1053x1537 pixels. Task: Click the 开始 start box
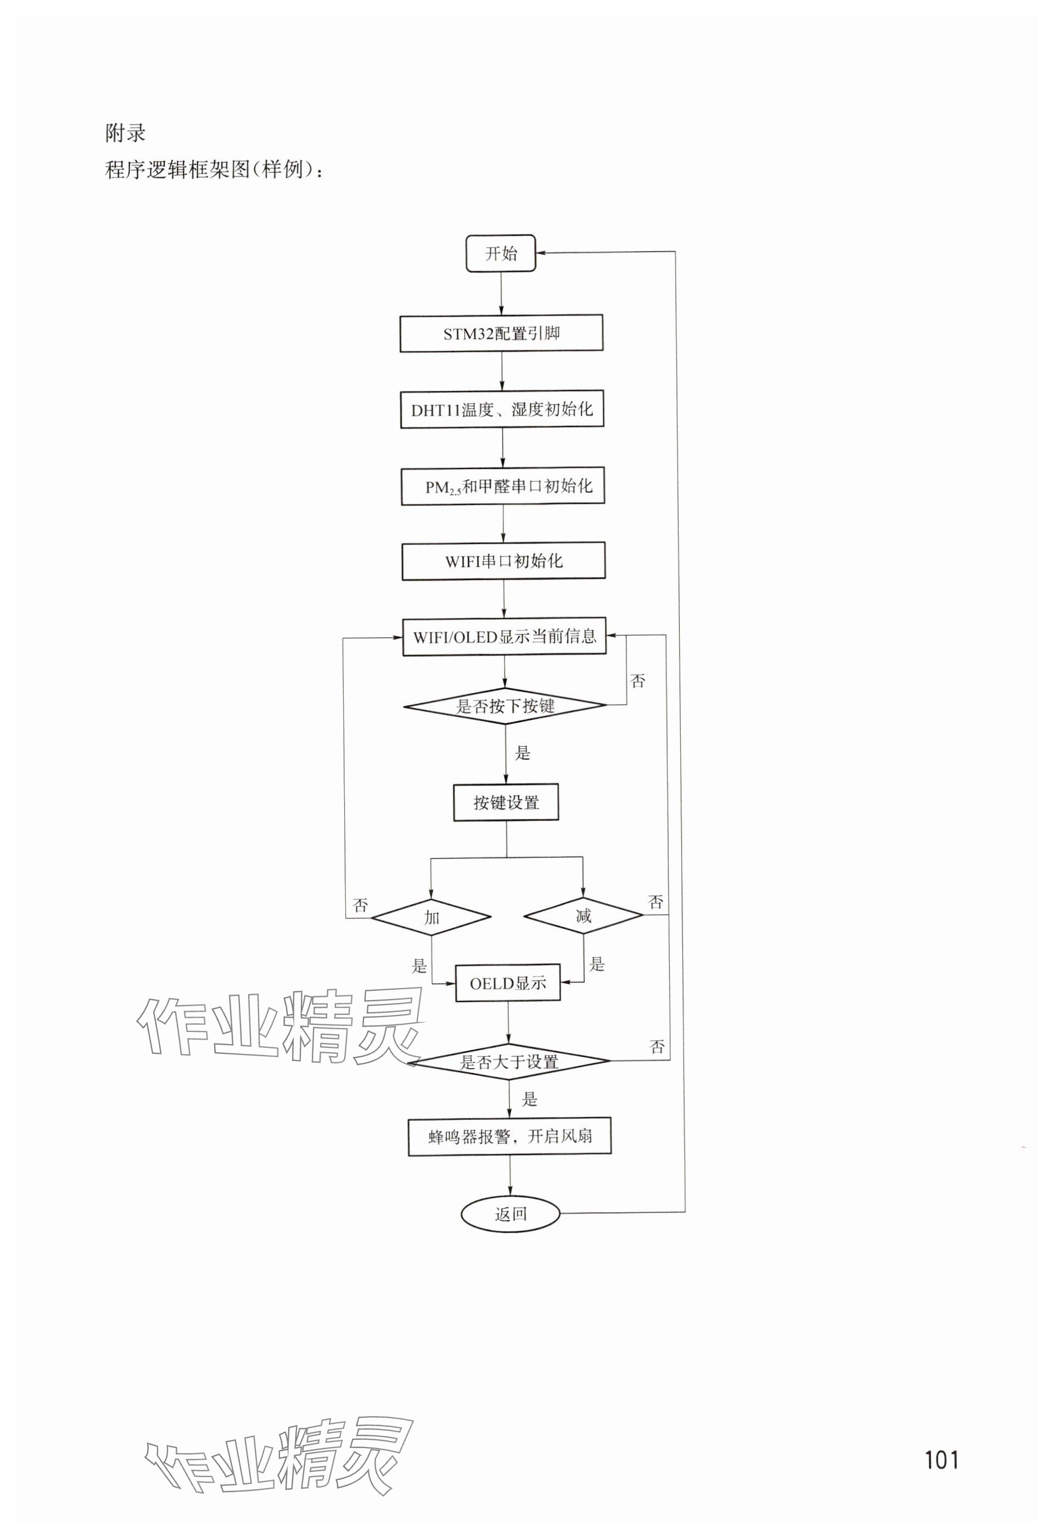click(501, 253)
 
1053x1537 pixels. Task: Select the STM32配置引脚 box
click(501, 333)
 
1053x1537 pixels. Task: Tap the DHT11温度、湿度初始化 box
click(502, 410)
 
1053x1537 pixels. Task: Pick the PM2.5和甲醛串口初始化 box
click(503, 486)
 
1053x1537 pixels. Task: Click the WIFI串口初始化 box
click(503, 562)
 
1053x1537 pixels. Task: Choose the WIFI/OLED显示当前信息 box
click(504, 637)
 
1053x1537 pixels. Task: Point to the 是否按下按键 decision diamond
click(505, 706)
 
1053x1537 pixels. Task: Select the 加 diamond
click(432, 917)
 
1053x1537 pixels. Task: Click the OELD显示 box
click(508, 983)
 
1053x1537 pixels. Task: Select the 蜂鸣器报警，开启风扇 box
click(509, 1137)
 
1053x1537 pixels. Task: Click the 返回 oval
click(511, 1214)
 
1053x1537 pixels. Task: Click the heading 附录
click(125, 133)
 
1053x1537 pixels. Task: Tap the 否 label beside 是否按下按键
click(637, 681)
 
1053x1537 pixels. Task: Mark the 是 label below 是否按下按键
click(523, 753)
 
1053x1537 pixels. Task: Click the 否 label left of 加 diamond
click(361, 905)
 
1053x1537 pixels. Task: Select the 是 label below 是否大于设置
click(529, 1099)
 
